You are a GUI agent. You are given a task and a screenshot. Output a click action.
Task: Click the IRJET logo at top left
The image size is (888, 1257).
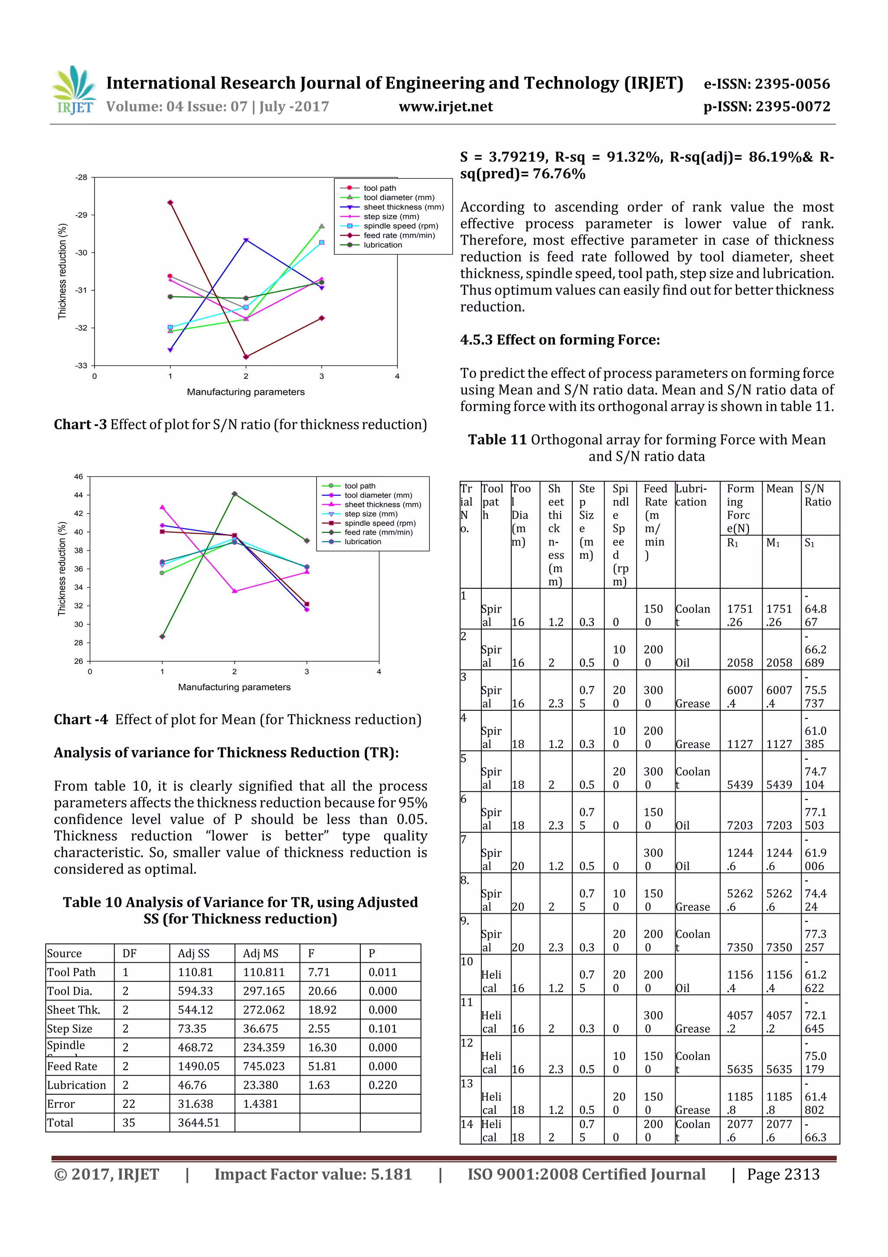74,90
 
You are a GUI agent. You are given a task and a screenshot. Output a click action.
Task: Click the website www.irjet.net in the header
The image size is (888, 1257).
445,106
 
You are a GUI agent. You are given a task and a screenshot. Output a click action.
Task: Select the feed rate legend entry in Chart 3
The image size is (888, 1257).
399,236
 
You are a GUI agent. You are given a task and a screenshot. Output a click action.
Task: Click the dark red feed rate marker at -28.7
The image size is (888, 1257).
170,203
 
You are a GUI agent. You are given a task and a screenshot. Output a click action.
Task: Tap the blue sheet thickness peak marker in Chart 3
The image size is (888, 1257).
246,240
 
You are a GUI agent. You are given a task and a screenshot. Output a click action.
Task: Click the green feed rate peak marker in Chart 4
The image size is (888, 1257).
235,494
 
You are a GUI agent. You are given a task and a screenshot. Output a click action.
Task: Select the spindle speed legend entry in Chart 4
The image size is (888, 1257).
380,523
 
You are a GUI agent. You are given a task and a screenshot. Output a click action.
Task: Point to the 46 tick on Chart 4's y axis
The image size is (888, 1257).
79,476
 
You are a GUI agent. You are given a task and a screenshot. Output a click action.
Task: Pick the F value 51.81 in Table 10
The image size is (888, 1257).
318,1066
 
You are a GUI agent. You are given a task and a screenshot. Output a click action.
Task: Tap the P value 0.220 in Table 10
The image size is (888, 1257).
382,1085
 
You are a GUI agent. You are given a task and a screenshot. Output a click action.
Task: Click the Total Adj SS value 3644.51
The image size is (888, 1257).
198,1122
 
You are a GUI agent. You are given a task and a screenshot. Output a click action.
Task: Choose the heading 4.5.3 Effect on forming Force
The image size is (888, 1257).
560,340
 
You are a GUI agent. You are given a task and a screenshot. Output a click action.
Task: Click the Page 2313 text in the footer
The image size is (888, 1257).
783,1174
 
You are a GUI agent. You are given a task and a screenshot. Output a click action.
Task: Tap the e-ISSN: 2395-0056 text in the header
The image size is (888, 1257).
767,84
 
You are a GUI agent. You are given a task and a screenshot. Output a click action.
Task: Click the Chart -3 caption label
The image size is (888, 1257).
80,424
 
